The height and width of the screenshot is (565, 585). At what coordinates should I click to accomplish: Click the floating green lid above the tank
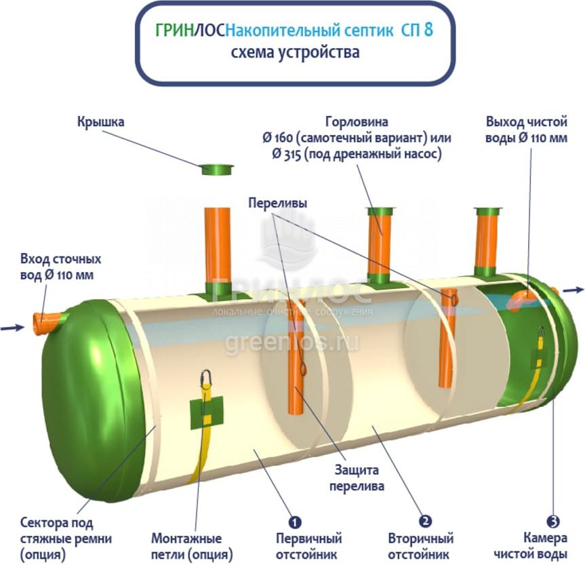coord(217,168)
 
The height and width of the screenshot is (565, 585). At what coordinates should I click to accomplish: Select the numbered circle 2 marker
coord(425,521)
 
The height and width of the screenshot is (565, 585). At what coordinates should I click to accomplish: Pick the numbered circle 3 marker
coord(553,521)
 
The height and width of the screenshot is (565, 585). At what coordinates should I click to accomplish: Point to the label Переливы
coord(277,203)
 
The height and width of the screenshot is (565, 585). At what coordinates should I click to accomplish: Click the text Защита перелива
coord(357,478)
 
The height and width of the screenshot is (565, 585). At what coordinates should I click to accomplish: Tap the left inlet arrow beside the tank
coord(12,328)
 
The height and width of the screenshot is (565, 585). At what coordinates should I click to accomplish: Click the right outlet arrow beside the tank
coord(573,290)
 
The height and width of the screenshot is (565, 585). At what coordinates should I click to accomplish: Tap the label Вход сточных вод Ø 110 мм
coord(60,267)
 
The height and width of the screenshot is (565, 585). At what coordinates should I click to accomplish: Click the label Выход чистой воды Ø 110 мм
coord(526,130)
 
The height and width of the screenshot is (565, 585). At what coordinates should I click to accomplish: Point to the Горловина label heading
coord(357,123)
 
